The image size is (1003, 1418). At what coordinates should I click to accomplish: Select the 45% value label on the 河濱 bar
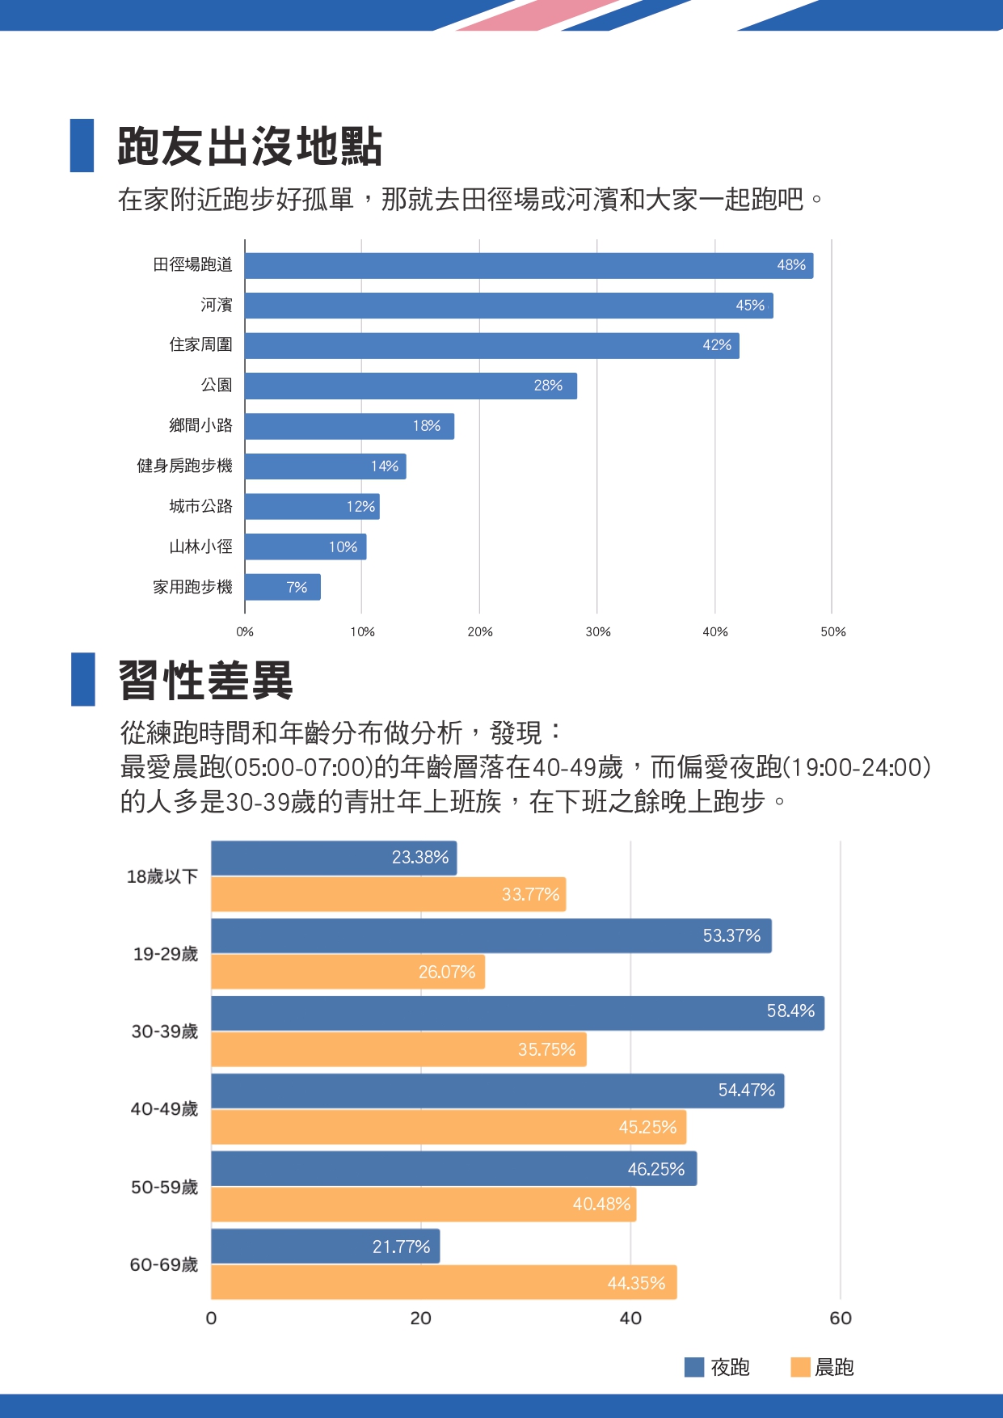pos(750,306)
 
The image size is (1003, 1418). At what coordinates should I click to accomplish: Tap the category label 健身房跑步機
pos(184,466)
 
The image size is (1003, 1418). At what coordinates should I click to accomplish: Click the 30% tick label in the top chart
pos(597,631)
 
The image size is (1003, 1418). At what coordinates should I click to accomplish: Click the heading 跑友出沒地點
pos(250,146)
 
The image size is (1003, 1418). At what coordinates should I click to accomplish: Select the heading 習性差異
pos(205,680)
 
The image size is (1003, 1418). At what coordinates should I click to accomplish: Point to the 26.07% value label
pos(447,972)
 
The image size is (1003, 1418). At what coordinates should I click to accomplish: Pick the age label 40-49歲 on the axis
pos(164,1109)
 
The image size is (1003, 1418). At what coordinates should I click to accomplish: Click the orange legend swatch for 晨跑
pos(800,1367)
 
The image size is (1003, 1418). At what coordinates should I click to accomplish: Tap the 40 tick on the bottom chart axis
pos(630,1319)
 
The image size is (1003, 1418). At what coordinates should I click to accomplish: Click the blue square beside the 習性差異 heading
pos(83,679)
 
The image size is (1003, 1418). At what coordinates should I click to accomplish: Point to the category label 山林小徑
pos(200,547)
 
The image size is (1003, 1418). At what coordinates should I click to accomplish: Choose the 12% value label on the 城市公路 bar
pos(360,507)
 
